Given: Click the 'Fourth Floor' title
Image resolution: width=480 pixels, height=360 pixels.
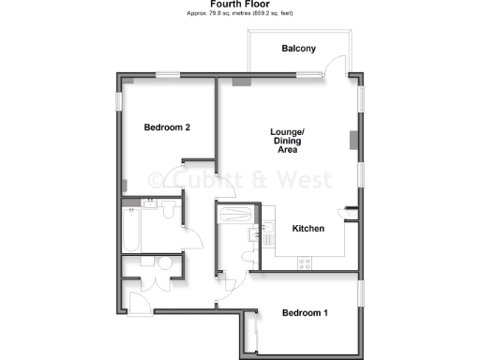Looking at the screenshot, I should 240,4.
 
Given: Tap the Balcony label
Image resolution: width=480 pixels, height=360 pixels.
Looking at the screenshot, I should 299,49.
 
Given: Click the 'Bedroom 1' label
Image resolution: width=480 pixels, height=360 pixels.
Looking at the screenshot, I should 305,313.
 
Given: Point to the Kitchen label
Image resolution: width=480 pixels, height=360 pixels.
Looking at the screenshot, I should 308,229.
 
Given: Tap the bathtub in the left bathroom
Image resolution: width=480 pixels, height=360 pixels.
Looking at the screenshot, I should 131,231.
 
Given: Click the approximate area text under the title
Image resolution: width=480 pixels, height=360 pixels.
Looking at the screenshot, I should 240,14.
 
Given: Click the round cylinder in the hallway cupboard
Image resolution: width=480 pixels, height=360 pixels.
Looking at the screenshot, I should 166,265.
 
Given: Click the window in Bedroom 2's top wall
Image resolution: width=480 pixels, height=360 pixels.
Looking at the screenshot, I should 169,74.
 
